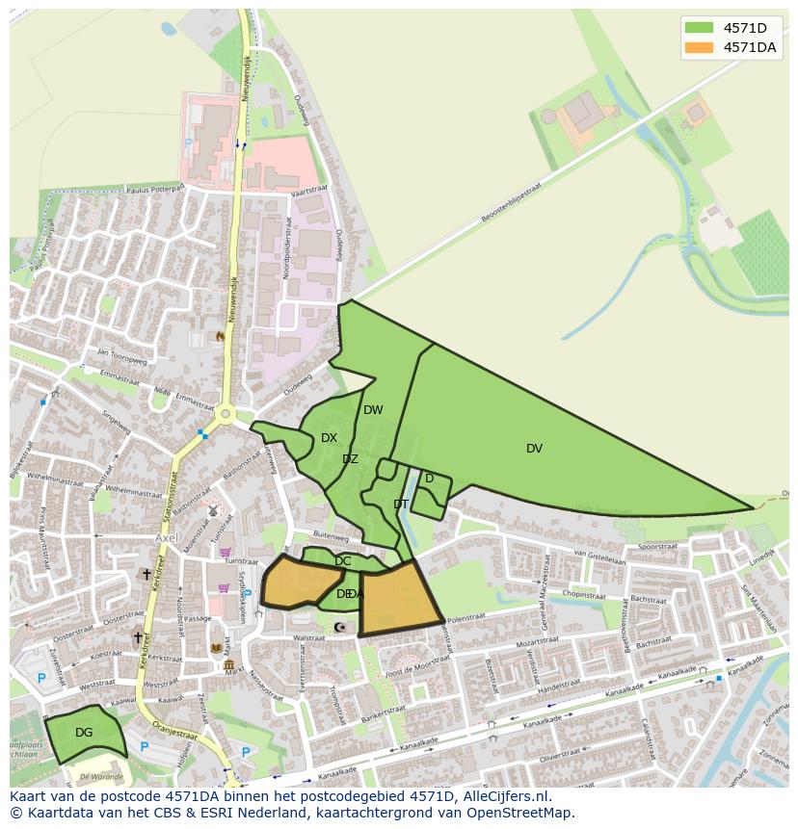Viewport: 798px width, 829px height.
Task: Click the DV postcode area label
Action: (534, 449)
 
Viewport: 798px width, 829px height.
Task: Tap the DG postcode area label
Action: (84, 733)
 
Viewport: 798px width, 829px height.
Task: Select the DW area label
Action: (373, 410)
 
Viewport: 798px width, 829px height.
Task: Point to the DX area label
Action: (329, 438)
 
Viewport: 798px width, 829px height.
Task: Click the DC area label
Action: (343, 561)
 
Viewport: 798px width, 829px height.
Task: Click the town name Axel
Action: (168, 537)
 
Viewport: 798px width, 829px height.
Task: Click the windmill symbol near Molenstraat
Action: (212, 511)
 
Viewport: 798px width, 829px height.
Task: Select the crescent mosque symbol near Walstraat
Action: (338, 628)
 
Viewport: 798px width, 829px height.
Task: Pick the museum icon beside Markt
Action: (228, 665)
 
